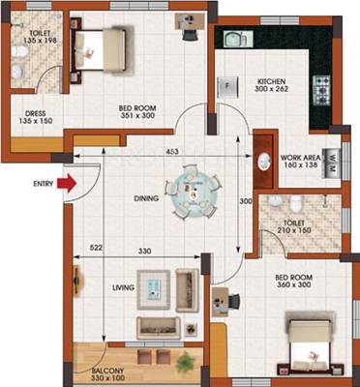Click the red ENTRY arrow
[67, 184]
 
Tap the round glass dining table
[193, 193]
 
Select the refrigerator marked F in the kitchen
[227, 87]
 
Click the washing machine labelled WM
[331, 164]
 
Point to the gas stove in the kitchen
[321, 91]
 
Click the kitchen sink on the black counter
[238, 39]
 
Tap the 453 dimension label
[171, 151]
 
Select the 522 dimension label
[97, 248]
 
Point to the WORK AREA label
[301, 158]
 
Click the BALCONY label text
[106, 371]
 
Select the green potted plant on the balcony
[186, 361]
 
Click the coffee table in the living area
[154, 289]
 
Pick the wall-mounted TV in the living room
[77, 281]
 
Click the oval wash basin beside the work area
[264, 162]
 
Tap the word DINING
[146, 198]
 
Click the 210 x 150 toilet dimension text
[294, 230]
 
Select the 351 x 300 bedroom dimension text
[137, 115]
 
